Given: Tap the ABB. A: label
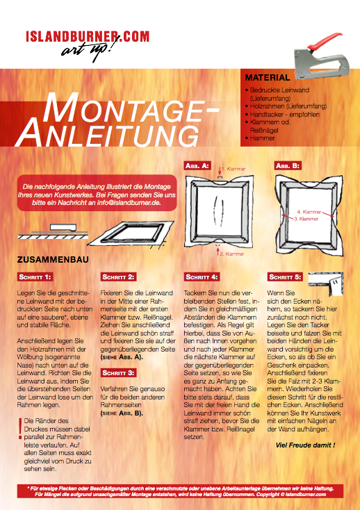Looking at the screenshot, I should pos(196,167).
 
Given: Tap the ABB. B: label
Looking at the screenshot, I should pos(286,167).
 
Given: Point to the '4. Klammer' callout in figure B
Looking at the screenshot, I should pos(309,211).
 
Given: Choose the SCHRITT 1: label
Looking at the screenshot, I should pos(35,277).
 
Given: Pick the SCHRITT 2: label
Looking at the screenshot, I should pos(118,277).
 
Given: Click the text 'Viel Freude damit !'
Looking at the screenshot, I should pos(305,444).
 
